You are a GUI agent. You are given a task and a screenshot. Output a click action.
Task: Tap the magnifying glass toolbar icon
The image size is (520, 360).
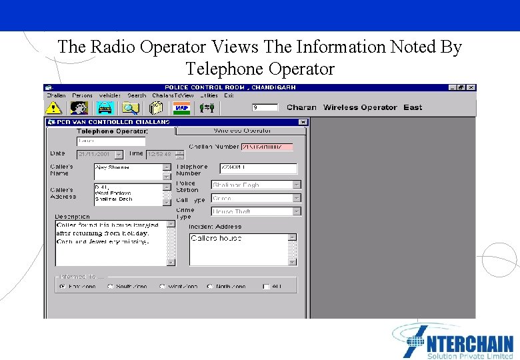click(x=130, y=107)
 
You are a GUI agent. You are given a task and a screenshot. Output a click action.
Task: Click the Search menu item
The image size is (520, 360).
click(x=137, y=95)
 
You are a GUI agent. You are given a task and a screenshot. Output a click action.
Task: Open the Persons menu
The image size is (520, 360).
click(x=83, y=95)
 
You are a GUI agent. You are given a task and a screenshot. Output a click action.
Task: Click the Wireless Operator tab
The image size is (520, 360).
click(x=241, y=131)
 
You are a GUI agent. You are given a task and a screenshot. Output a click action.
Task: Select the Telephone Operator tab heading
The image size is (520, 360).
click(x=112, y=131)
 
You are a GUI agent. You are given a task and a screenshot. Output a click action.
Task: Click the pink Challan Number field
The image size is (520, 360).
click(x=267, y=147)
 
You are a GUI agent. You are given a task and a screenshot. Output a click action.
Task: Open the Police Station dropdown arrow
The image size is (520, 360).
click(x=297, y=185)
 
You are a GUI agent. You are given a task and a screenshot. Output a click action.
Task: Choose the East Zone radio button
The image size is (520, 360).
click(x=62, y=287)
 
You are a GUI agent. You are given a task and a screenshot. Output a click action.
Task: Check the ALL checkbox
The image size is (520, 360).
click(x=266, y=287)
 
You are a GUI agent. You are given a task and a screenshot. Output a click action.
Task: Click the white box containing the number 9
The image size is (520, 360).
click(x=265, y=107)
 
